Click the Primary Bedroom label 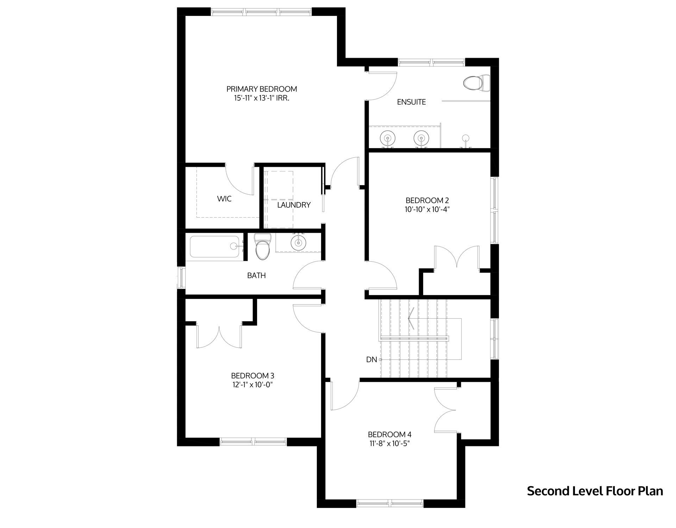[262, 89]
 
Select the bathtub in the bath [215, 247]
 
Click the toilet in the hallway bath [262, 246]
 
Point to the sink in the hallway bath [298, 242]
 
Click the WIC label [224, 199]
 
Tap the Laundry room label [294, 205]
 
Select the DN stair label [371, 359]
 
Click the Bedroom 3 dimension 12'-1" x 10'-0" [252, 385]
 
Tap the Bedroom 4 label [389, 434]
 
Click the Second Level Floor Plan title [595, 491]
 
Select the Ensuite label [411, 102]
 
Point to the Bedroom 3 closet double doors [219, 336]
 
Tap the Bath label [256, 276]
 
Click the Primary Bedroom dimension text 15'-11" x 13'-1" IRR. [262, 99]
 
